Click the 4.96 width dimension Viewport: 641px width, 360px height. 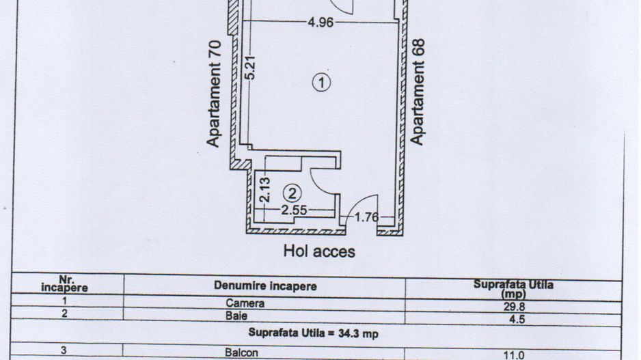click(x=320, y=23)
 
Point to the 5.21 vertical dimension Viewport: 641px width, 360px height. click(x=251, y=67)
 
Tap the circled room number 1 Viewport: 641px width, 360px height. click(x=321, y=83)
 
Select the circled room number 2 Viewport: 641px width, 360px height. click(x=292, y=193)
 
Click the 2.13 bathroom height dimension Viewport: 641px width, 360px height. click(x=266, y=189)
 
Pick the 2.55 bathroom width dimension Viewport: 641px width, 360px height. click(x=295, y=210)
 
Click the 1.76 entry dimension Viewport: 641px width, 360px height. click(x=368, y=218)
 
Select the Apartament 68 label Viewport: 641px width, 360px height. click(x=418, y=92)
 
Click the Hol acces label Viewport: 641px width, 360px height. click(x=319, y=251)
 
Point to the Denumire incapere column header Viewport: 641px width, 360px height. click(x=265, y=286)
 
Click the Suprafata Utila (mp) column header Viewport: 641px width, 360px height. click(x=513, y=288)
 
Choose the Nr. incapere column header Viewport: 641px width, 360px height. click(x=65, y=284)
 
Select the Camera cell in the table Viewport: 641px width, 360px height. click(x=245, y=303)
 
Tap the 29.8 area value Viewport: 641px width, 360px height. click(x=514, y=306)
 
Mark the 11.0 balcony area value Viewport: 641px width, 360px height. click(x=514, y=355)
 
